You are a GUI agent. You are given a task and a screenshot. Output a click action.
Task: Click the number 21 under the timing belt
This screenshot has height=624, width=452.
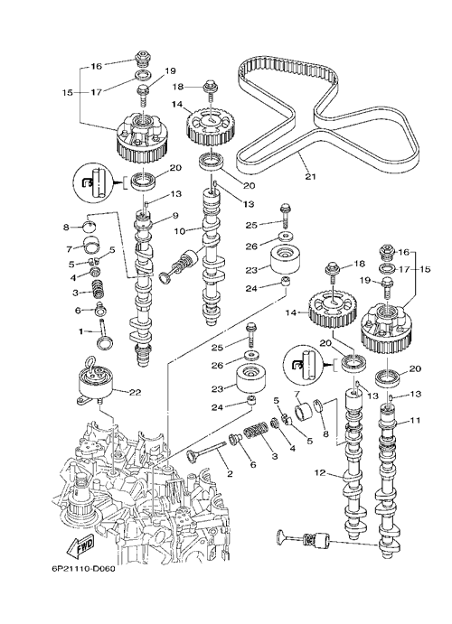[310, 175]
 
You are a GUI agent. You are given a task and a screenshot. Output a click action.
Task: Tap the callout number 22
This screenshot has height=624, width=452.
[135, 392]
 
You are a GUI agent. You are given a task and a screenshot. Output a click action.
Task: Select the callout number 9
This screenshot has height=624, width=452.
[164, 216]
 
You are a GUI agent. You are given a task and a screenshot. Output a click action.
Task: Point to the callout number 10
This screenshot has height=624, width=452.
[180, 231]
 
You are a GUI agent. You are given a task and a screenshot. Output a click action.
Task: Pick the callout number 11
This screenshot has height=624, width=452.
[415, 420]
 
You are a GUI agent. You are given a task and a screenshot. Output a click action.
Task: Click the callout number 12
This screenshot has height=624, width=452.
[319, 473]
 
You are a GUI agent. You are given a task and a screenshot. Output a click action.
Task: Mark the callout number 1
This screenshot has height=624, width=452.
[81, 331]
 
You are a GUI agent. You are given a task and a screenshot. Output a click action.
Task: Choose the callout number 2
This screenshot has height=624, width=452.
[230, 474]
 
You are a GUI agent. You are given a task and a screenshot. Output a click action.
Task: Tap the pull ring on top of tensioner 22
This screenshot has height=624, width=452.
[89, 362]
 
